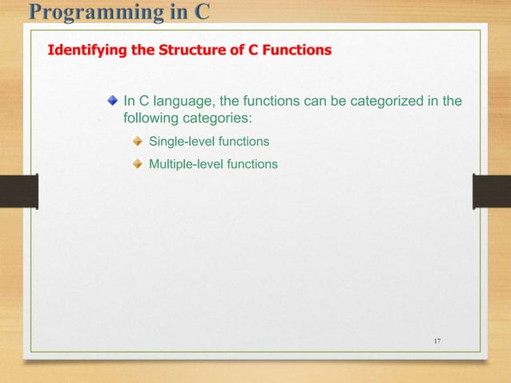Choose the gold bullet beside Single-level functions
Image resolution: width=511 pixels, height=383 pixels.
pyautogui.click(x=138, y=142)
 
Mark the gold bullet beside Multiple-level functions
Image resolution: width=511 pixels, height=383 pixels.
pyautogui.click(x=138, y=163)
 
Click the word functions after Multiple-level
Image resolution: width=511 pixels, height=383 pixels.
pyautogui.click(x=251, y=164)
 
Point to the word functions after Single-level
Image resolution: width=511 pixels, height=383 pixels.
pyautogui.click(x=243, y=142)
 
